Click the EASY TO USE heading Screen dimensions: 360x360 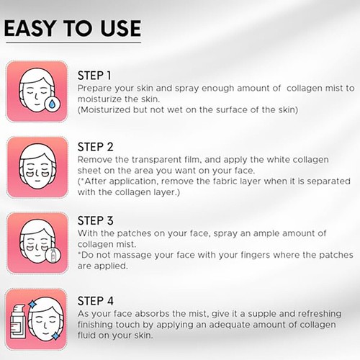point(73,28)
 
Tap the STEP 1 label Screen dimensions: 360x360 point(94,75)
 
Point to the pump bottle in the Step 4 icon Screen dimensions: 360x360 point(20,322)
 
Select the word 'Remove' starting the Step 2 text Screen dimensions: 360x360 point(93,159)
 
